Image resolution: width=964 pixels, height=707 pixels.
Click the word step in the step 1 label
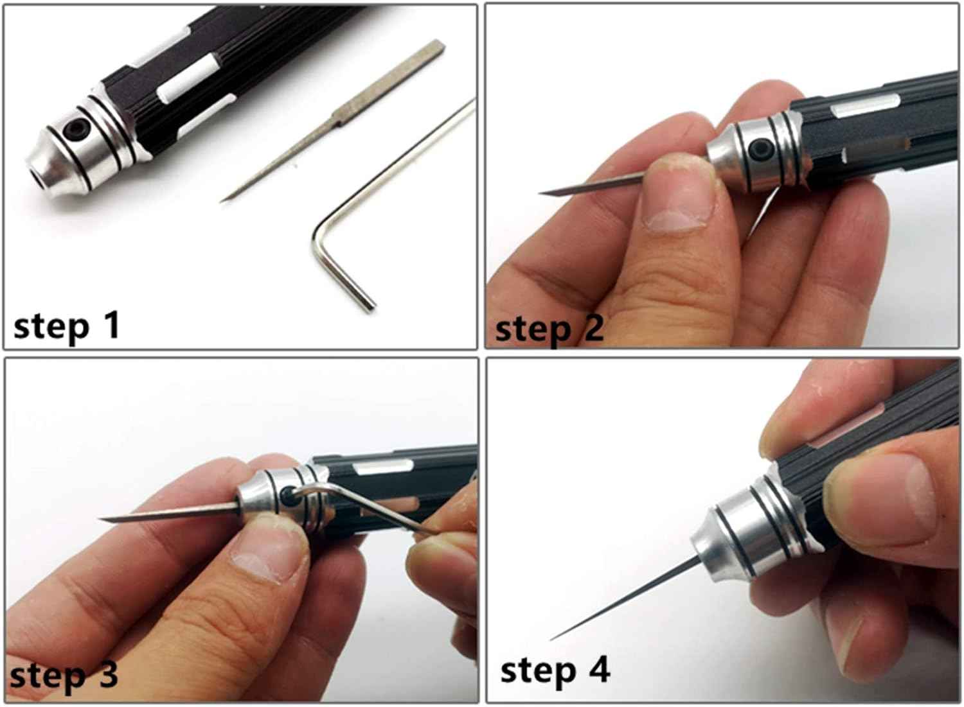51,328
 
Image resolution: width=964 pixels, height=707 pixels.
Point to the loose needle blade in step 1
332,121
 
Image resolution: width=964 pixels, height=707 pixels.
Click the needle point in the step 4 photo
552,639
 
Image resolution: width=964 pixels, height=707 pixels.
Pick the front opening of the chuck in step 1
37,173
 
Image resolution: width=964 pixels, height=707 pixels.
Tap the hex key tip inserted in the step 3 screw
291,494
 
